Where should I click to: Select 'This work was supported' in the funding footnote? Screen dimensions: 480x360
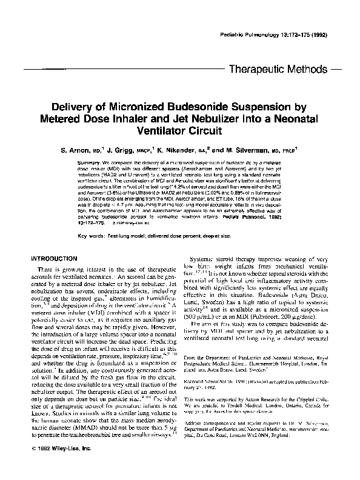tap(215, 383)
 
